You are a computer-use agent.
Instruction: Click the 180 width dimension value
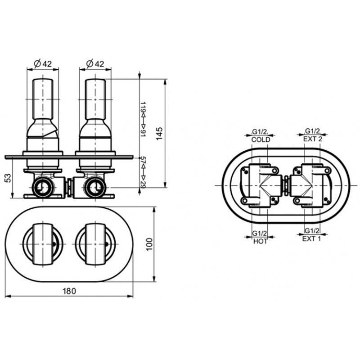coord(69,291)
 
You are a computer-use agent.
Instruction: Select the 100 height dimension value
coord(149,244)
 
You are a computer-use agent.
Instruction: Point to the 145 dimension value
coord(159,134)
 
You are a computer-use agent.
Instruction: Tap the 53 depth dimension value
coord(8,178)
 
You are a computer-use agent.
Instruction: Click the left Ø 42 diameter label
coord(43,63)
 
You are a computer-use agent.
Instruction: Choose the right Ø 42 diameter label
coord(95,63)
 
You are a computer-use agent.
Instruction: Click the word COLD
coord(261,139)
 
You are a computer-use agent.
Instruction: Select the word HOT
coord(261,241)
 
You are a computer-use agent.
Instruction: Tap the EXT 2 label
coord(312,139)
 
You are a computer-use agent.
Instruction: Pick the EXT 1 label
coord(311,239)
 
